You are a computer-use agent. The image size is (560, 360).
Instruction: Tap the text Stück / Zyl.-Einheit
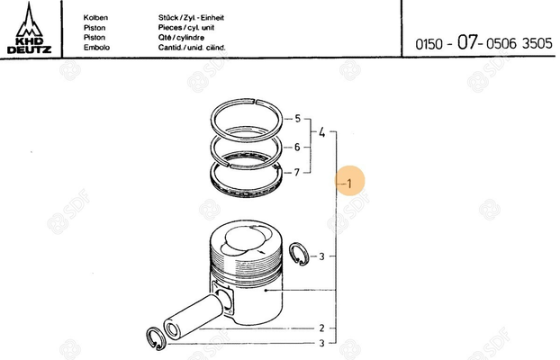[191, 17]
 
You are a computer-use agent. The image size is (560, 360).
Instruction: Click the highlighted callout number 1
[350, 182]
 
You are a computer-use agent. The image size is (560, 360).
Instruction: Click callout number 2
[321, 328]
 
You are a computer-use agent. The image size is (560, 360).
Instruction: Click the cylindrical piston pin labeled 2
[190, 314]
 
